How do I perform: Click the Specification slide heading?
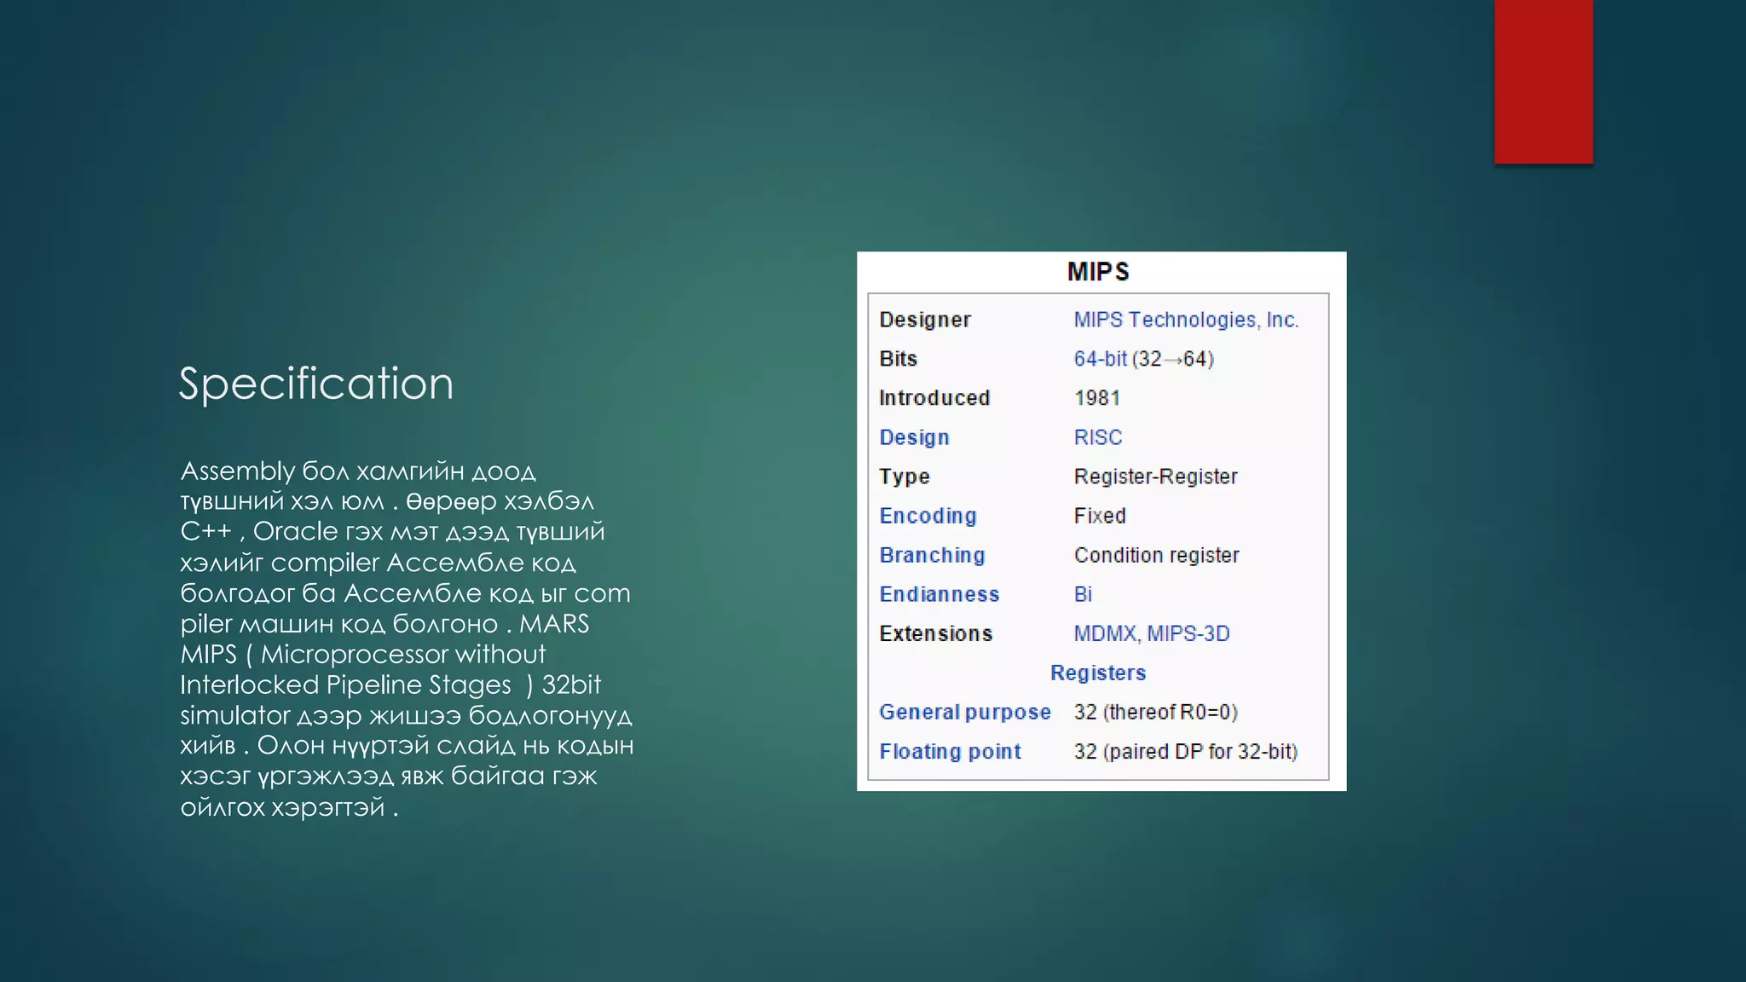tap(315, 384)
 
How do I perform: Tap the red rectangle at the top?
tap(1543, 82)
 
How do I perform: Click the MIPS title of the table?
tap(1098, 272)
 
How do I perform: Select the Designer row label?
tap(925, 320)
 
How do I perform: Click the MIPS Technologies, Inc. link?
tap(1185, 320)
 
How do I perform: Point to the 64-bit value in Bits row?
tap(1100, 359)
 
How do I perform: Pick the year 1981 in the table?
tap(1097, 398)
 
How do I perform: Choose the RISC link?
tap(1098, 437)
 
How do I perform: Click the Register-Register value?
tap(1155, 477)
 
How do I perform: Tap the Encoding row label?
tap(928, 516)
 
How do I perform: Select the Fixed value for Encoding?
tap(1100, 516)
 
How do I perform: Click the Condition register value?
tap(1156, 555)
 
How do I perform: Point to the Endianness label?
tap(939, 594)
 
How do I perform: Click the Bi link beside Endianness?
tap(1083, 594)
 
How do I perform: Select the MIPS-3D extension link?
tap(1188, 633)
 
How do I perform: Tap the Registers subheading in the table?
tap(1098, 673)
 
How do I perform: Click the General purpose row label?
tap(965, 712)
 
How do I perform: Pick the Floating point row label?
tap(950, 751)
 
